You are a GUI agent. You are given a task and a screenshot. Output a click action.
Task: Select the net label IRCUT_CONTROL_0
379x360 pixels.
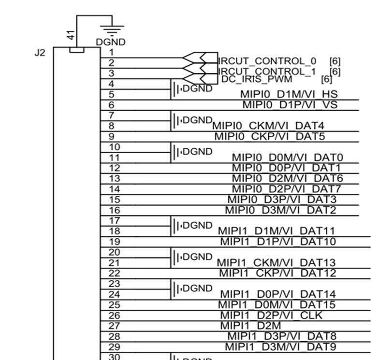(x=267, y=61)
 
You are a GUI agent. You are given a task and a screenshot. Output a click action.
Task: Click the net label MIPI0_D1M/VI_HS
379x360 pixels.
(x=285, y=94)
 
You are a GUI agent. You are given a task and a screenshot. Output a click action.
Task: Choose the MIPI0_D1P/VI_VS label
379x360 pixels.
(x=287, y=104)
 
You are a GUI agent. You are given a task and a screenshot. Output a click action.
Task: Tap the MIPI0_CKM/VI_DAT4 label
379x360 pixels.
(x=267, y=126)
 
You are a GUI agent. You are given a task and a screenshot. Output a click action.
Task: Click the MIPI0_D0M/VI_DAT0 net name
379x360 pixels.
(x=287, y=157)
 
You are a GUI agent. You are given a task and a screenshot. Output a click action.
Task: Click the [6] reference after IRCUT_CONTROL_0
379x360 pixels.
(x=335, y=61)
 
